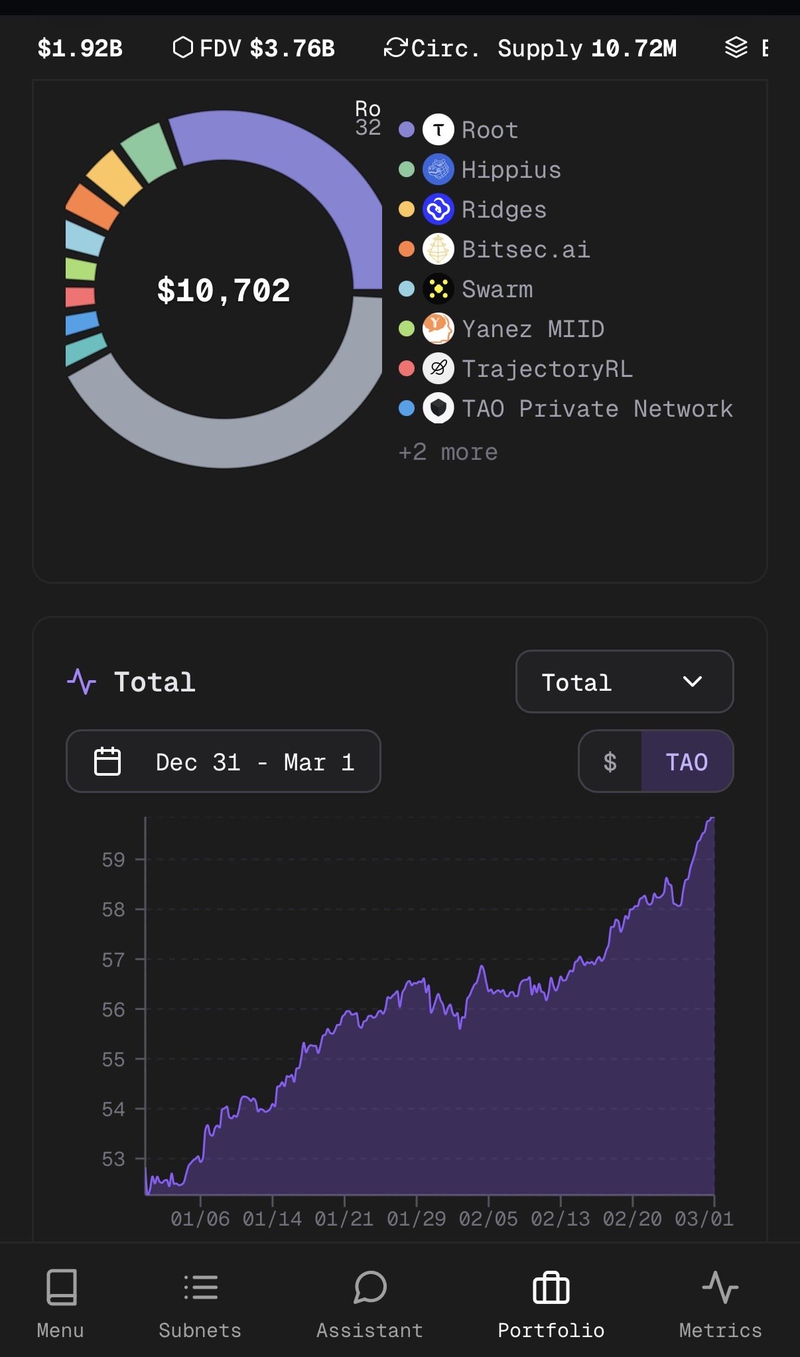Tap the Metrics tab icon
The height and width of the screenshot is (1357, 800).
click(x=720, y=1287)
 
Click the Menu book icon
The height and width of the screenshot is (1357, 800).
click(x=61, y=1287)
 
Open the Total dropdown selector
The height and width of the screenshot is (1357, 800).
click(x=624, y=681)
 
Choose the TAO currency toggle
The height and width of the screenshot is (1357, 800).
click(x=687, y=762)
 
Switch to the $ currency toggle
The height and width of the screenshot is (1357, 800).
click(x=610, y=762)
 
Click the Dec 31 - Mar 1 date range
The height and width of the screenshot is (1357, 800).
click(x=224, y=762)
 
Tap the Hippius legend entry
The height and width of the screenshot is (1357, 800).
click(x=511, y=170)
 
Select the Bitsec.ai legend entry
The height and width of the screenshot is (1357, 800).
click(x=525, y=250)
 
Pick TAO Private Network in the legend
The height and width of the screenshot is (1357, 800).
click(x=597, y=409)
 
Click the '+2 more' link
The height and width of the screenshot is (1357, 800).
click(x=448, y=452)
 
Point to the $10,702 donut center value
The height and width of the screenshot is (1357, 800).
click(x=224, y=291)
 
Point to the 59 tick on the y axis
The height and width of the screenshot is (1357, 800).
click(x=113, y=859)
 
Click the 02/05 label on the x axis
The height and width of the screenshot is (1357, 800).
click(x=488, y=1219)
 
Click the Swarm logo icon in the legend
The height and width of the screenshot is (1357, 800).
click(x=438, y=289)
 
